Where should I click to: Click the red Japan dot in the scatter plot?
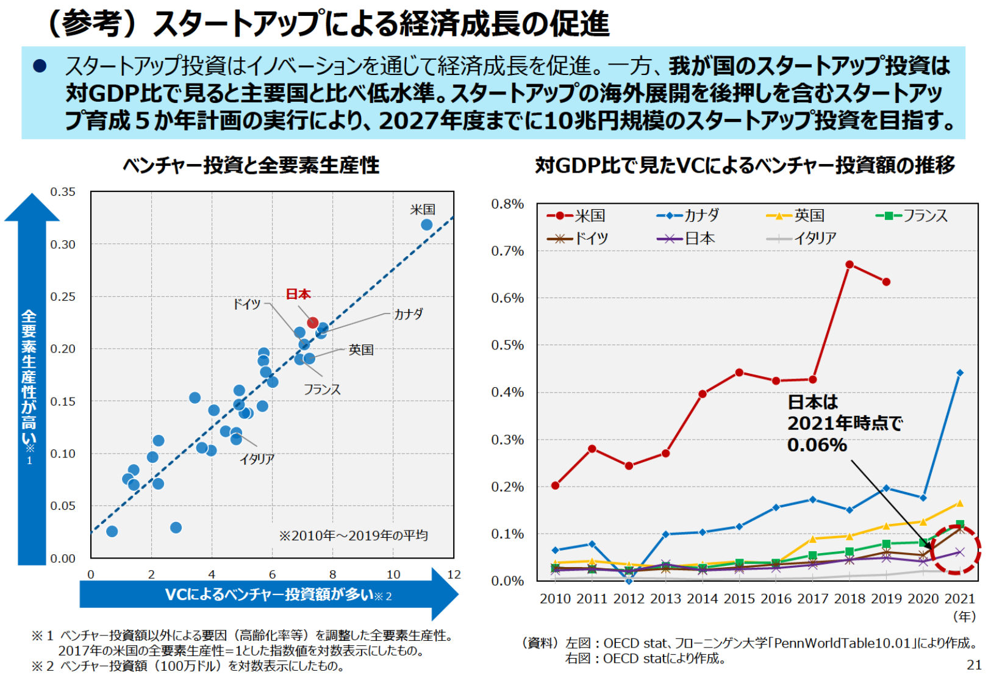point(312,323)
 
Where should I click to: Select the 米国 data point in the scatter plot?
point(426,225)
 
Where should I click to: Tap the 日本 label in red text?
point(298,295)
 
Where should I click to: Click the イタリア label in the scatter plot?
point(257,459)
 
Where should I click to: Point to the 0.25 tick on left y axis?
point(63,297)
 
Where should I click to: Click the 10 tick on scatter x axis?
point(393,574)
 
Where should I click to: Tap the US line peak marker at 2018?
point(850,265)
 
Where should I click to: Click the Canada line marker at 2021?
point(960,373)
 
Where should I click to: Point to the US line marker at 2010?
point(555,485)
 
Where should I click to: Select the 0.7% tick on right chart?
point(507,251)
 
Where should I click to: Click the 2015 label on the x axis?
point(739,599)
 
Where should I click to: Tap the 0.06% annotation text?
point(817,445)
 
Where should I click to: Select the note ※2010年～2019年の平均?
point(353,535)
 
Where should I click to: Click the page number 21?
point(974,665)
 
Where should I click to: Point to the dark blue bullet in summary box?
point(40,66)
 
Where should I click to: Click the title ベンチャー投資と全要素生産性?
point(251,165)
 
